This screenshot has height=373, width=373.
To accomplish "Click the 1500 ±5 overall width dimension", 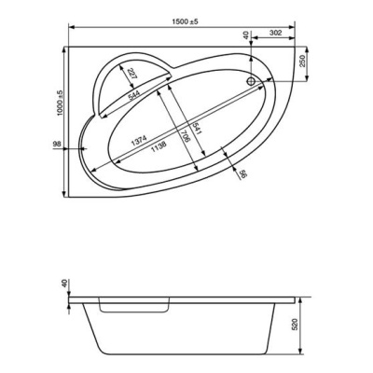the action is coord(185,21).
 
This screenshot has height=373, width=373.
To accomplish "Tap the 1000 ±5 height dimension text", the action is coord(60,104).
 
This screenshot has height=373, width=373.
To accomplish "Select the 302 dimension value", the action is coord(275,33).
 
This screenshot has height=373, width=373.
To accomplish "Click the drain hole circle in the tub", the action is coord(251,81).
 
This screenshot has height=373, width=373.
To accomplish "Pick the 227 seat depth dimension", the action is coord(131,75).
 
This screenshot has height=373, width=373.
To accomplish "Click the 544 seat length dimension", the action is coord(133,95).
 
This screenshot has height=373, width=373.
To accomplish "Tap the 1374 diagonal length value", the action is coord(139,141).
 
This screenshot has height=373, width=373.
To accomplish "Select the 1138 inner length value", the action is coord(159,146).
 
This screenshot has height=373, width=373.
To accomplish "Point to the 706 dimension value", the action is coord(186,136).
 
